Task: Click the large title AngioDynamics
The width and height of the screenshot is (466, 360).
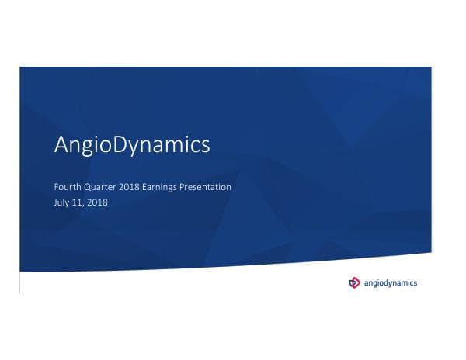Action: [132, 146]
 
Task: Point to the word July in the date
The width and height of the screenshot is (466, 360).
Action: [62, 202]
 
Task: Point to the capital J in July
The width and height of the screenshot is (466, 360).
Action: [55, 202]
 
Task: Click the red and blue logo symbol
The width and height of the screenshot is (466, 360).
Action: [355, 282]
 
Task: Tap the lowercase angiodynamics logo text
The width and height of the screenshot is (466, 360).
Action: [391, 282]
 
